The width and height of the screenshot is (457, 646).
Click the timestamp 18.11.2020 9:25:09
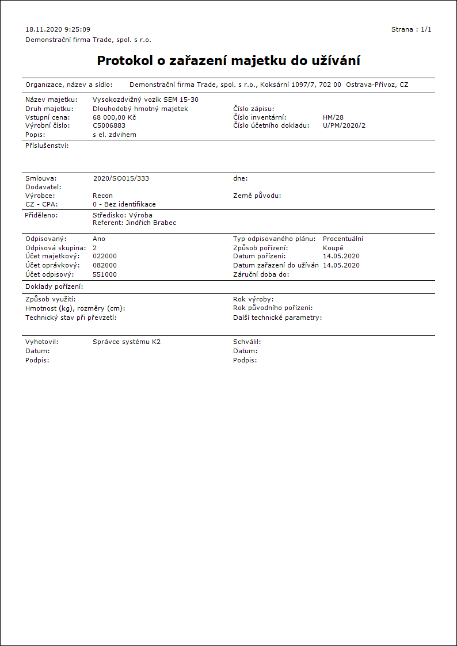(58, 29)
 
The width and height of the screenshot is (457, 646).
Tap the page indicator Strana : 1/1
(411, 29)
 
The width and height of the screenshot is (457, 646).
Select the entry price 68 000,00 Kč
(114, 117)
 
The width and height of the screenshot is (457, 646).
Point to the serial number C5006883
(109, 125)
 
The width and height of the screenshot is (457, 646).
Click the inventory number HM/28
(333, 117)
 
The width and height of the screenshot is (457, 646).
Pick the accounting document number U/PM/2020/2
(344, 125)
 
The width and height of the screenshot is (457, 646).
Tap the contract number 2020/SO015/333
(121, 178)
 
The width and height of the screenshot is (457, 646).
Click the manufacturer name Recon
(102, 196)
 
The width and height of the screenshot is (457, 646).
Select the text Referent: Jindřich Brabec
(134, 223)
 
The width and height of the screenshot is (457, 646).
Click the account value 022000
(105, 256)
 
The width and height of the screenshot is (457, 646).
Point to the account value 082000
(105, 265)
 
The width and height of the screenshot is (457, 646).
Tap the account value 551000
(105, 274)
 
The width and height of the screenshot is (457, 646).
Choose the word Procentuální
(343, 239)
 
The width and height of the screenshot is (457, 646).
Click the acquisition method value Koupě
(333, 248)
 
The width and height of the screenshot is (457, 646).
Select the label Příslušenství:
(47, 147)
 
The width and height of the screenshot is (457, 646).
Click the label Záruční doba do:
(261, 274)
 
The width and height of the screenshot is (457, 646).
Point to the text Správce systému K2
(127, 342)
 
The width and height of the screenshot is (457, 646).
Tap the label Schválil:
(247, 342)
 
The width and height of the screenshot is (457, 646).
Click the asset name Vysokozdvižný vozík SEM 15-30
(146, 100)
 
